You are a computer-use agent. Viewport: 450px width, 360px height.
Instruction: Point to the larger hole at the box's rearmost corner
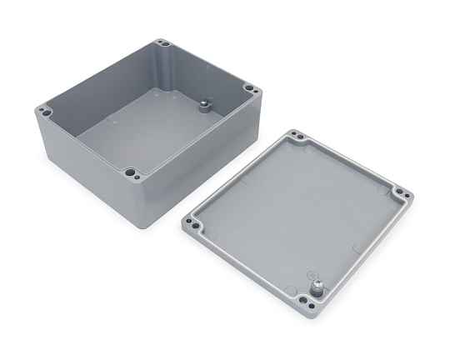tap(166, 43)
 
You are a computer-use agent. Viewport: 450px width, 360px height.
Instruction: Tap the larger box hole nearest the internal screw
tap(247, 88)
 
